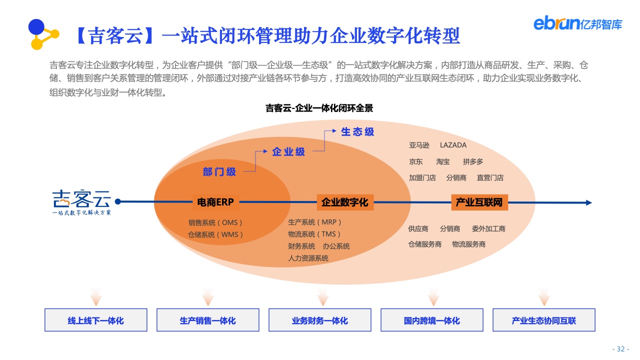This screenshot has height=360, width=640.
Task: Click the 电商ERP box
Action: (x=215, y=202)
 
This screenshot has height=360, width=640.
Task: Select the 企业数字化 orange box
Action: (x=345, y=202)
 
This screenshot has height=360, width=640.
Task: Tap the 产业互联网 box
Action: (x=479, y=202)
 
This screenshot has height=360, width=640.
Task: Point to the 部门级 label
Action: (x=219, y=171)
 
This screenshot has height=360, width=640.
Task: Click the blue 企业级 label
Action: (x=288, y=151)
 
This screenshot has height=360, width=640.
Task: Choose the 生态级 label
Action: (x=357, y=131)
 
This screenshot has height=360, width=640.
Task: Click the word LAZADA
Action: (x=453, y=145)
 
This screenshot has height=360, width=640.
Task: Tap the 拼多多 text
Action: (x=473, y=161)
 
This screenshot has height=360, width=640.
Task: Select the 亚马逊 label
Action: (x=419, y=145)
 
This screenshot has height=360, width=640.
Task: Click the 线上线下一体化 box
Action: (x=96, y=320)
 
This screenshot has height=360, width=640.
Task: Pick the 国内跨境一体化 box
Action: (x=432, y=320)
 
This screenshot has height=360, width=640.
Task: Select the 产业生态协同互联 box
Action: (x=544, y=320)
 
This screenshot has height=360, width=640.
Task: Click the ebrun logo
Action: (x=577, y=23)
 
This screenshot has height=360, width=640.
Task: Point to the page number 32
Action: (x=620, y=349)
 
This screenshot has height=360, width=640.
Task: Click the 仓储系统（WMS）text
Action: (x=215, y=234)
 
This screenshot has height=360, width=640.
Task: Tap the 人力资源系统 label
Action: (x=308, y=258)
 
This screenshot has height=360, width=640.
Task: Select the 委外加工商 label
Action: (x=488, y=228)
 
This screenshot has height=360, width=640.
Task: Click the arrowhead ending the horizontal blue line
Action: (x=589, y=202)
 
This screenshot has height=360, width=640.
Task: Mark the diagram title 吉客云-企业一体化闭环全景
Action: (x=319, y=108)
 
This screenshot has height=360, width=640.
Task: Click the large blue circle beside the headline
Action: (x=36, y=27)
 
